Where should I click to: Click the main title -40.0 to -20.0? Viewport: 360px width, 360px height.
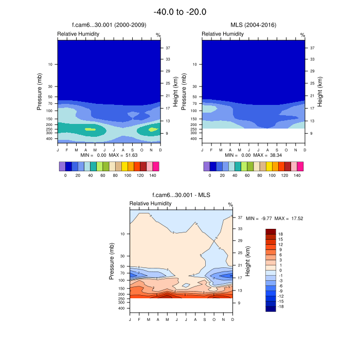(x=180, y=12)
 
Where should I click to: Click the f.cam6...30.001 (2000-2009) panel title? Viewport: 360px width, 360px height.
(x=109, y=25)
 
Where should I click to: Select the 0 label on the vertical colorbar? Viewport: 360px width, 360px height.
(x=281, y=270)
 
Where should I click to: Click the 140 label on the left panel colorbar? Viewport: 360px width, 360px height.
(x=153, y=175)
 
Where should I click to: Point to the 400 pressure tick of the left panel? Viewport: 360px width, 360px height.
(x=50, y=139)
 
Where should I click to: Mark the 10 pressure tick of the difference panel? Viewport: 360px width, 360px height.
(x=123, y=234)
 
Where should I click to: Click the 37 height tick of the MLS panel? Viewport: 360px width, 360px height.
(x=312, y=48)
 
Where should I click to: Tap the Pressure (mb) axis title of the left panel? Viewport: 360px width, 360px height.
(x=39, y=92)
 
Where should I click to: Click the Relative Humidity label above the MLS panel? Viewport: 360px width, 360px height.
(x=222, y=34)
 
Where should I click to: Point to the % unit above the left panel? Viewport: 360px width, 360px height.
(x=158, y=35)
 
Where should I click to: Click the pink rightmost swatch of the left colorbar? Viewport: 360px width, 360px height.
(x=156, y=166)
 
